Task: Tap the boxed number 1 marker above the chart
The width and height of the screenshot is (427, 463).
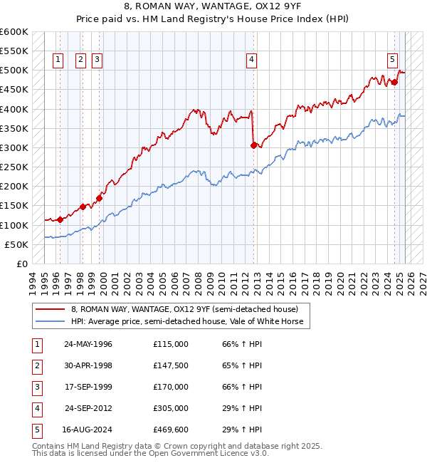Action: pos(58,61)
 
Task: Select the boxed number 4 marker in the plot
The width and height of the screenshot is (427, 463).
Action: pos(252,61)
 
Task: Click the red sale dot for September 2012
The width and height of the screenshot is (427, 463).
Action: pos(253,145)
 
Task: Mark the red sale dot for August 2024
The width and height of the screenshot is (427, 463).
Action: pos(395,82)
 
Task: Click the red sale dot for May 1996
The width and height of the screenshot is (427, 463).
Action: pos(60,219)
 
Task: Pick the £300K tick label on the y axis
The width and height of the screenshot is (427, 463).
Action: pos(14,147)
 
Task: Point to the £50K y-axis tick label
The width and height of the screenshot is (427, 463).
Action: pos(16,244)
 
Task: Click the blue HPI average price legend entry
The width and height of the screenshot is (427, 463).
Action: pos(187,322)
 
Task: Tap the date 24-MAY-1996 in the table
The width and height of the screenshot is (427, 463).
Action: pos(88,344)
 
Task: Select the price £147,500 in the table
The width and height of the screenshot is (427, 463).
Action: pos(171,365)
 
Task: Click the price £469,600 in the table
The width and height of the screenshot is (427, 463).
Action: pos(171,430)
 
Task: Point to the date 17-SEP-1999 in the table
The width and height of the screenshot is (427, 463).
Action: pos(88,387)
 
